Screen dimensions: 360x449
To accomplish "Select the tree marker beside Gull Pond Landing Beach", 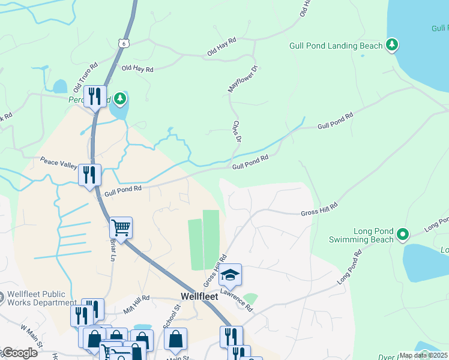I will click(x=392, y=44).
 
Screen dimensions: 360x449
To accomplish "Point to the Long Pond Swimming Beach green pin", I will click(x=403, y=233).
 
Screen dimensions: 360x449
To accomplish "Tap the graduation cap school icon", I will click(x=229, y=275).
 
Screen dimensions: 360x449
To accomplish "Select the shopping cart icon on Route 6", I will click(x=121, y=228).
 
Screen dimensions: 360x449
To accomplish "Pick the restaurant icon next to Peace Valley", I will click(x=89, y=175).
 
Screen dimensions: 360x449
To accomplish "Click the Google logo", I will click(x=19, y=353).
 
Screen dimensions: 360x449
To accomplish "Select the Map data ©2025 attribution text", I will click(x=423, y=355).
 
